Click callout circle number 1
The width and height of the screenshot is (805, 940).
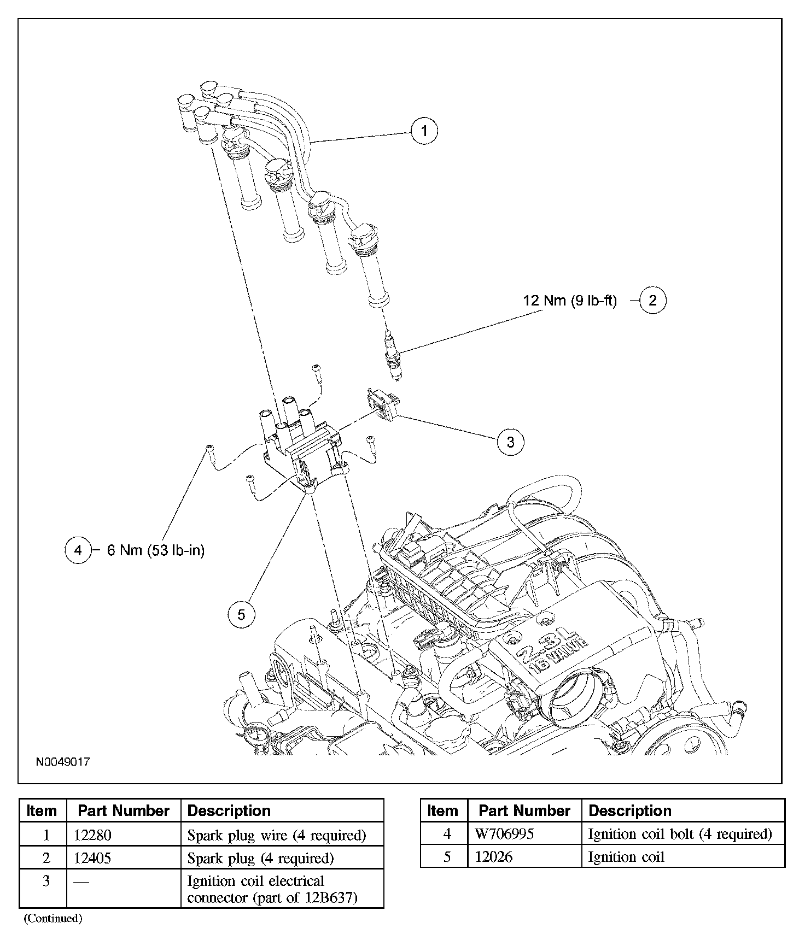click(x=424, y=131)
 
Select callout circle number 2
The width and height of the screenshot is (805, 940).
click(x=652, y=300)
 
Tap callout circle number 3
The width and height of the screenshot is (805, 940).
click(x=510, y=442)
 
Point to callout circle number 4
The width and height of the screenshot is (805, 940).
click(x=78, y=550)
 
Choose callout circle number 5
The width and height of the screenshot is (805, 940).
click(x=241, y=615)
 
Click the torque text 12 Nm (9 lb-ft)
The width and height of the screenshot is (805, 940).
click(x=570, y=301)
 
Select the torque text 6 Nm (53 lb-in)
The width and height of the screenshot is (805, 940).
click(x=156, y=550)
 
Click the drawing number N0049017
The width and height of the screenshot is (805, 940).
click(x=63, y=762)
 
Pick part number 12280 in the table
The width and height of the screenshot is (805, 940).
click(x=92, y=835)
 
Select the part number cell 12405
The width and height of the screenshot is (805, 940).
click(x=92, y=858)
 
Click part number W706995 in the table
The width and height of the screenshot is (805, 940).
click(x=504, y=834)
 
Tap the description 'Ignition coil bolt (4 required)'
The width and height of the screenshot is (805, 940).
click(x=680, y=834)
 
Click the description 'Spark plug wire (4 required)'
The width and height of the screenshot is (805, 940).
click(x=277, y=835)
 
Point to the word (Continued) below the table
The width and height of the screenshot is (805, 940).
click(x=53, y=918)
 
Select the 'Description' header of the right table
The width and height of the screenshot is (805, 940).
click(x=630, y=810)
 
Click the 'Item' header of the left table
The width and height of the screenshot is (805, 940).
click(x=42, y=810)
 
